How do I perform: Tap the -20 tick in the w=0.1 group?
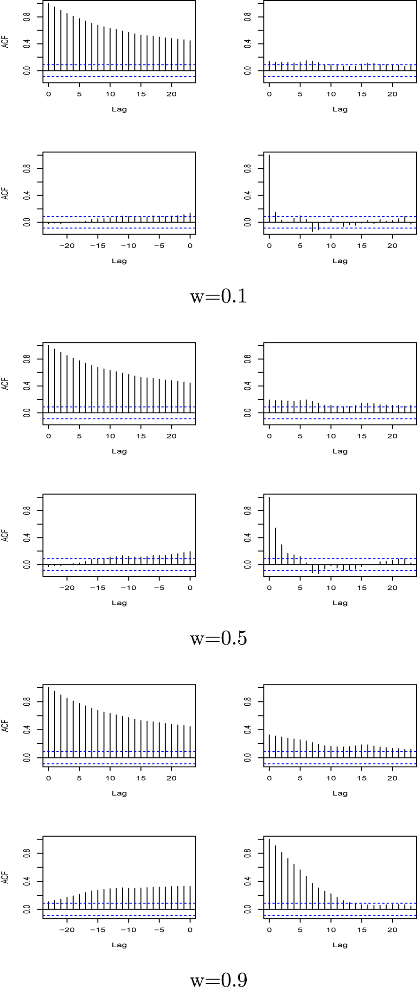click(67, 246)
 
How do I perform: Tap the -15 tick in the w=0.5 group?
click(98, 588)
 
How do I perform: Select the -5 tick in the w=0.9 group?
click(159, 930)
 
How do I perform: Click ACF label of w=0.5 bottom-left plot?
click(5, 536)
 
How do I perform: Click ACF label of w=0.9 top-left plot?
click(5, 726)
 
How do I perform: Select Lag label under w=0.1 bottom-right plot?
click(340, 261)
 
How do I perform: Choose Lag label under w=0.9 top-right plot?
click(340, 793)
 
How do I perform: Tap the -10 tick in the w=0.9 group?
click(128, 930)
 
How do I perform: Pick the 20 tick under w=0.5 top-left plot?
click(172, 436)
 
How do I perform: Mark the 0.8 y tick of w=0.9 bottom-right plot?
click(248, 853)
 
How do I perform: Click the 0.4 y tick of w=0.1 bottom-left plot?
click(27, 196)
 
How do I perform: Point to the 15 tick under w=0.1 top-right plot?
click(362, 94)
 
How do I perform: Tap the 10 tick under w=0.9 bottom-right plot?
click(331, 930)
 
